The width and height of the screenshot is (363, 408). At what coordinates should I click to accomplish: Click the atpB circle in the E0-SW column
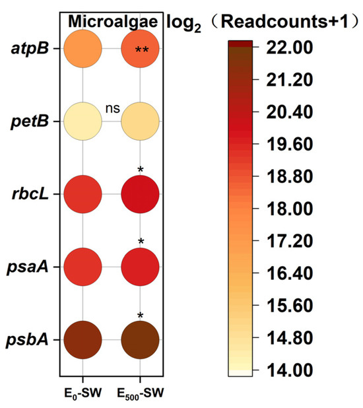click(x=82, y=49)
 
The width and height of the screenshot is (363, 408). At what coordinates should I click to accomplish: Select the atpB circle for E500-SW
click(x=141, y=49)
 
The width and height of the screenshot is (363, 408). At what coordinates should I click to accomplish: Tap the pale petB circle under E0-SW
click(x=82, y=121)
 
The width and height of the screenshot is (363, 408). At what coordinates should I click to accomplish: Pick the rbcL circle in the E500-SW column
click(x=141, y=194)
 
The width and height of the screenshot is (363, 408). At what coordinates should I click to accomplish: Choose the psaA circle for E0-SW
click(x=82, y=267)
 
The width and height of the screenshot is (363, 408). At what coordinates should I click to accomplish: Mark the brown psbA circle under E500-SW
click(x=141, y=340)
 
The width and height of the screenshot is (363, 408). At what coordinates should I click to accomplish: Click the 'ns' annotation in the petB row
click(x=113, y=109)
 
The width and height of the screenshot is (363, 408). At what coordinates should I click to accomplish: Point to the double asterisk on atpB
click(x=142, y=50)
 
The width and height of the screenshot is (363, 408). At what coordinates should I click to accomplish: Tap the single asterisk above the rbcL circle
click(x=141, y=170)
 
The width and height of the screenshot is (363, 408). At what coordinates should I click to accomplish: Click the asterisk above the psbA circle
click(x=141, y=316)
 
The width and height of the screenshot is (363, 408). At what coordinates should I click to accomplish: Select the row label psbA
click(x=27, y=341)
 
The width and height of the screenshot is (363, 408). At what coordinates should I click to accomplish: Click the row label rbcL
click(x=30, y=193)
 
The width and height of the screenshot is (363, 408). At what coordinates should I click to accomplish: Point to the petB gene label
click(x=30, y=122)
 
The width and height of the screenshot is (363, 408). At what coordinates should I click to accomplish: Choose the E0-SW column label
click(x=82, y=393)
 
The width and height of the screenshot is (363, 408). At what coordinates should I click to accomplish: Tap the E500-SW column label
click(x=141, y=393)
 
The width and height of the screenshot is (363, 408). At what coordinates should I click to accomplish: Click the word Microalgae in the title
click(x=113, y=21)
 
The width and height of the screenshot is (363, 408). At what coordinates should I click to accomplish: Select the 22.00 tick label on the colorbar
click(x=289, y=48)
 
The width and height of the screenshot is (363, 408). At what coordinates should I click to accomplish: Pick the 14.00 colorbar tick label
click(x=289, y=370)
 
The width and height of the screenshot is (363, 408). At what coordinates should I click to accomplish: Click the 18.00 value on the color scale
click(x=289, y=209)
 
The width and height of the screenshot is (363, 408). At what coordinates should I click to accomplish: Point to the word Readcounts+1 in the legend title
click(x=284, y=21)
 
